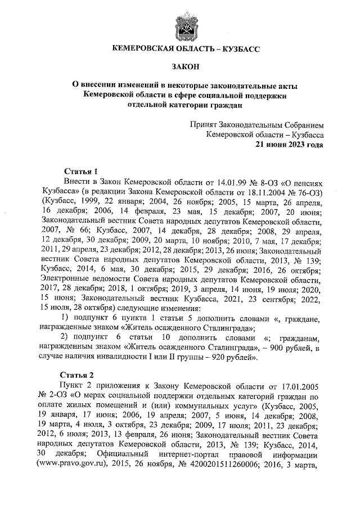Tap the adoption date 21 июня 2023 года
click(x=290, y=143)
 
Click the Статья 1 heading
click(x=82, y=171)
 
